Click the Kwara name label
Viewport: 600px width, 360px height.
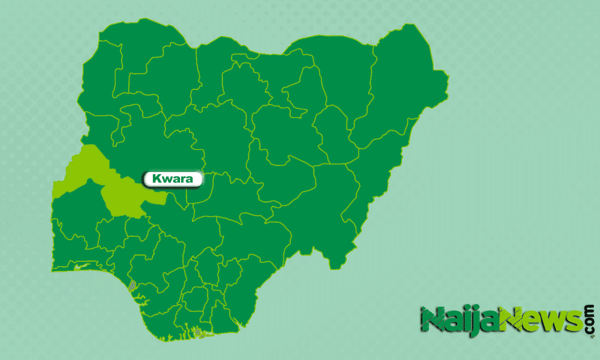click(172, 179)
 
